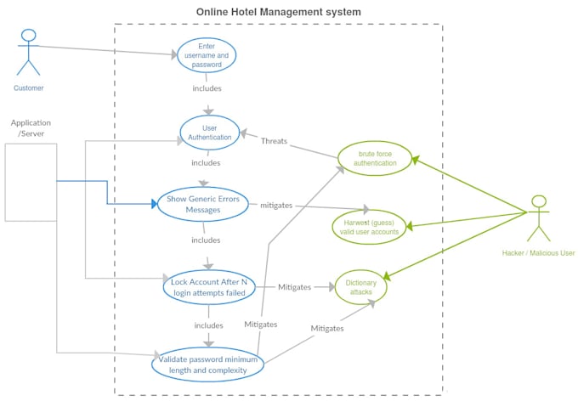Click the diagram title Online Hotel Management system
coord(278,12)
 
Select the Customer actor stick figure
coord(29,52)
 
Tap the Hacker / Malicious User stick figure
coord(538,218)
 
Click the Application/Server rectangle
coord(31,182)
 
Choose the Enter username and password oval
coord(207,55)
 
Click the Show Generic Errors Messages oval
coord(202,205)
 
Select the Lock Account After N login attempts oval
coord(209,287)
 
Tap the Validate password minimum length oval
coord(208,364)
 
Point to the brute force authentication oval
coord(375,158)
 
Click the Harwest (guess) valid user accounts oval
coord(369,226)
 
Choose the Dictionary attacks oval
coord(360,287)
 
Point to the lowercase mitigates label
coord(277,206)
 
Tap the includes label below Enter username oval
coord(207,88)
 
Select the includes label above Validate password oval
coord(209,325)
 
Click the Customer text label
coord(29,88)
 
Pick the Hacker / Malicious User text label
coord(538,253)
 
